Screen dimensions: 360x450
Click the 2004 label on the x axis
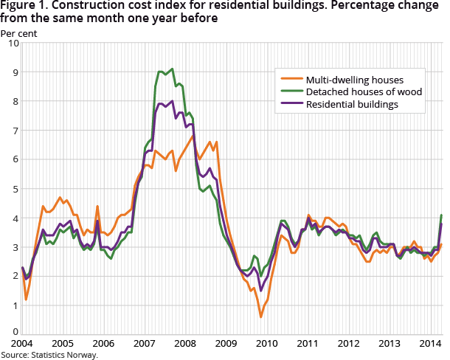pyautogui.click(x=22, y=343)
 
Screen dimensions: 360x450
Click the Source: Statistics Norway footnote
pyautogui.click(x=49, y=355)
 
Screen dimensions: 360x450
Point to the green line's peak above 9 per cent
pyautogui.click(x=172, y=69)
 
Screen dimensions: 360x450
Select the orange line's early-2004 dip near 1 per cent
pyautogui.click(x=27, y=300)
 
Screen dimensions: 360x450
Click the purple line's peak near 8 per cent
pyautogui.click(x=172, y=102)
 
